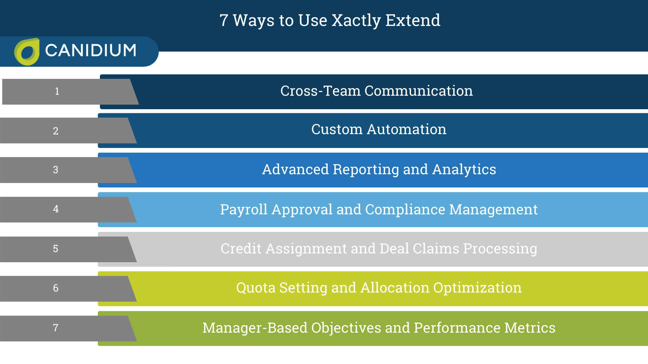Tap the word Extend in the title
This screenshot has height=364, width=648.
click(413, 21)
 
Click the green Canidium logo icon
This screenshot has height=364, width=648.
click(27, 52)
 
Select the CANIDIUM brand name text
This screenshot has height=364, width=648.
click(90, 51)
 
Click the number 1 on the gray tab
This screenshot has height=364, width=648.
click(57, 91)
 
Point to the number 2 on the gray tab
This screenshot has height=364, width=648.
click(56, 131)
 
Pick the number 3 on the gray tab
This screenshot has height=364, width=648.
click(56, 170)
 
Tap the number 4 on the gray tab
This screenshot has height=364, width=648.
click(56, 209)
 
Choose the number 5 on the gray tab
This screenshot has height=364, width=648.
click(56, 249)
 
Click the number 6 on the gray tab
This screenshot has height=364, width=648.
click(56, 288)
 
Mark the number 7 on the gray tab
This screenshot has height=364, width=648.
click(56, 328)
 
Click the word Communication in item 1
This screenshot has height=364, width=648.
click(418, 91)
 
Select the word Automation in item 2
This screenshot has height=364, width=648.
click(406, 129)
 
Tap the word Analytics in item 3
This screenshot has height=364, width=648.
click(464, 170)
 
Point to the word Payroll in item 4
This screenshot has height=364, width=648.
click(244, 210)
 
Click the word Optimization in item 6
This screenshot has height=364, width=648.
click(477, 288)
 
